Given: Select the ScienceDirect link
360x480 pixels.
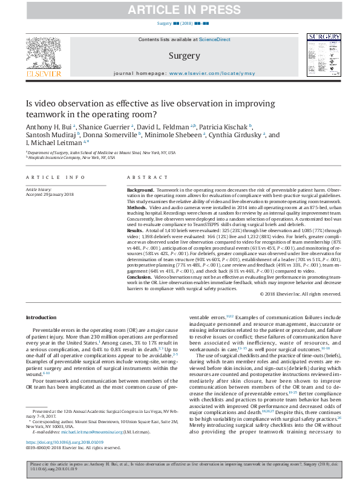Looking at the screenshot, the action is click(215, 39).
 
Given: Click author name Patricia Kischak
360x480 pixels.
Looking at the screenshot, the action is click(225, 127).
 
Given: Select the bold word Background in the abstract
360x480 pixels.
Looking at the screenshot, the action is click(140, 190).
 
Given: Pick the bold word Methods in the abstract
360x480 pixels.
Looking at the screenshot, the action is click(138, 206).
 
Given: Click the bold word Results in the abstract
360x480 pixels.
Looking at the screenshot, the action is click(137, 231).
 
